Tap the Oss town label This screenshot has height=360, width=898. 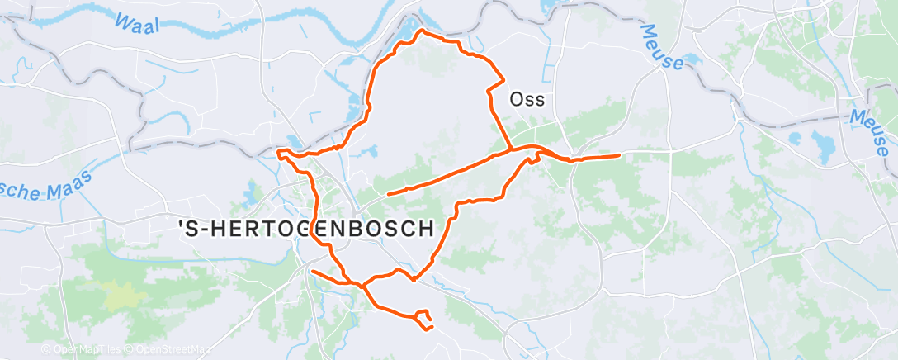click(528, 99)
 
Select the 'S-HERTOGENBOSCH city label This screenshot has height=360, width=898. click(307, 228)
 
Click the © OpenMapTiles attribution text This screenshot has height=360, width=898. click(81, 350)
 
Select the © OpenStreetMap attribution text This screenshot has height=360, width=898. click(168, 350)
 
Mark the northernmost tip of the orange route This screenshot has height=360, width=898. click(423, 31)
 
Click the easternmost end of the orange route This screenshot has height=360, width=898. click(619, 154)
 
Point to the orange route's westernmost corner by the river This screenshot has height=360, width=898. click(278, 151)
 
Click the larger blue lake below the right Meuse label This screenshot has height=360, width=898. click(824, 146)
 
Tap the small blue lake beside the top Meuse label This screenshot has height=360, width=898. click(690, 60)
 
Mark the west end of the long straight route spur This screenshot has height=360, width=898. click(387, 193)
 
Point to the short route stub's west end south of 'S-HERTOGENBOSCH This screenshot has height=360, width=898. click(312, 270)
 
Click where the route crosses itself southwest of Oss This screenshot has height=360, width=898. click(512, 149)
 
